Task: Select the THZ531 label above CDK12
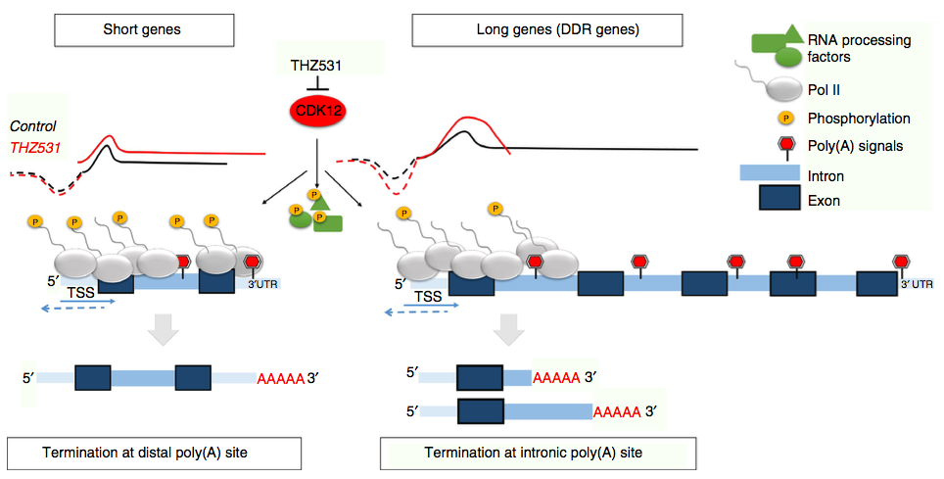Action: coord(318,66)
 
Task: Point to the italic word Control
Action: coord(32,126)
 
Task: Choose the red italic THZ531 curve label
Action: coord(34,147)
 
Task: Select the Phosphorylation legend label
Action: coord(860,119)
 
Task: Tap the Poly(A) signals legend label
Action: coord(854,147)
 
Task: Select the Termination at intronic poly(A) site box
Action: coord(538,453)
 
